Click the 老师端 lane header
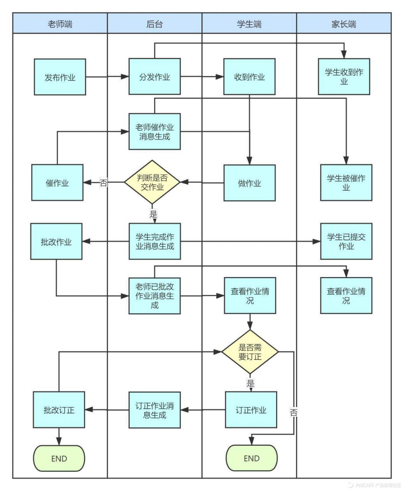[60, 24]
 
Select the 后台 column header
[154, 24]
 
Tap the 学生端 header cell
[249, 24]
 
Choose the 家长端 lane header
[343, 24]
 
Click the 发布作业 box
[60, 77]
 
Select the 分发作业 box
[154, 77]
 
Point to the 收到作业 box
[249, 77]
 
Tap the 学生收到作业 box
[344, 77]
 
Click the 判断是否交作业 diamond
[152, 182]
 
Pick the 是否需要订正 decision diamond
[250, 352]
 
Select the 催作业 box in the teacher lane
[57, 183]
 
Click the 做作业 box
[249, 183]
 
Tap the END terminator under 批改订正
[59, 458]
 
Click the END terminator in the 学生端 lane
[251, 458]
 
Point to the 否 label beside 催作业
[103, 183]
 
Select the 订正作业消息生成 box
[154, 410]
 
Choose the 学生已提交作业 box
[346, 242]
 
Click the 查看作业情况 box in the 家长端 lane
[346, 296]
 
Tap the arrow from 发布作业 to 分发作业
[107, 77]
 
